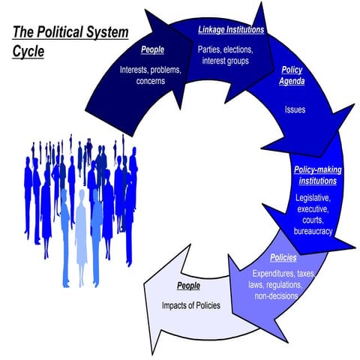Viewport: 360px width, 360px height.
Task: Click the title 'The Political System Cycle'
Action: [69, 42]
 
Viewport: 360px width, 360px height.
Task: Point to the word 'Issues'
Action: [295, 108]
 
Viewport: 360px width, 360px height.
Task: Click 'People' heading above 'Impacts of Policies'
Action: [188, 286]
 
